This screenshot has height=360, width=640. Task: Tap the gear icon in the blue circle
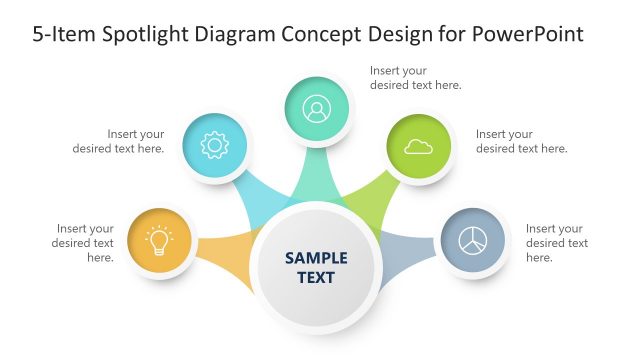(x=215, y=146)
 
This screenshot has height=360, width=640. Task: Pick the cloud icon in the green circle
(x=418, y=147)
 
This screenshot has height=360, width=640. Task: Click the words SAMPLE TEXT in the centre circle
(x=316, y=267)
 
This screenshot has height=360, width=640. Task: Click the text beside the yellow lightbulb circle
(x=85, y=243)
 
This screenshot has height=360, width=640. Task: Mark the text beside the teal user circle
(x=415, y=78)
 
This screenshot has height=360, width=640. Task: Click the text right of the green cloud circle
(x=521, y=141)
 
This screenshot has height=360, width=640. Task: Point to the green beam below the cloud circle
(x=369, y=199)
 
